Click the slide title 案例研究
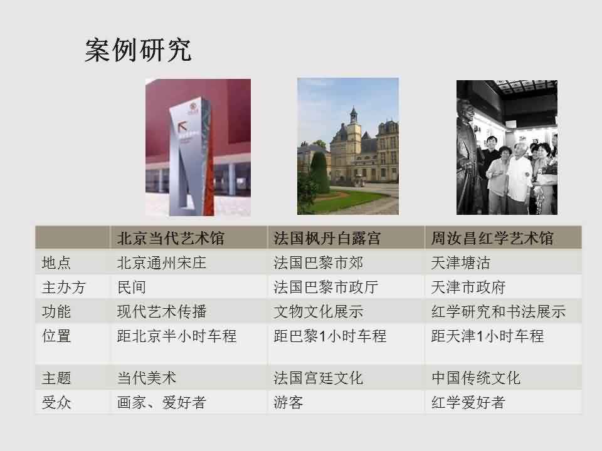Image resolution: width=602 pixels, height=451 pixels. point(138,50)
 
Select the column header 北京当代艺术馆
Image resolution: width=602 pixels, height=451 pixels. point(171,238)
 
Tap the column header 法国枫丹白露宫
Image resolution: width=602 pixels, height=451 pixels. point(327,238)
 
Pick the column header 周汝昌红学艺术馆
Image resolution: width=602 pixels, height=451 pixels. point(492,238)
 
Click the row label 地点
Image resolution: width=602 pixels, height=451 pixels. point(56,262)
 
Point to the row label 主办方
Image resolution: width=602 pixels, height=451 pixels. point(64,288)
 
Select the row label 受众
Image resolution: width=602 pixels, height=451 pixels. point(56,402)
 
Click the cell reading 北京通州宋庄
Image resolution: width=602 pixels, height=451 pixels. point(162,262)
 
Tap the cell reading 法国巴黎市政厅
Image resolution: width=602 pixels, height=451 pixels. point(326,288)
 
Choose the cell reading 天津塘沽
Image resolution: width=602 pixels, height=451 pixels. point(461,262)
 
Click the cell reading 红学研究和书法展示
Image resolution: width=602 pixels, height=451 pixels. point(499,312)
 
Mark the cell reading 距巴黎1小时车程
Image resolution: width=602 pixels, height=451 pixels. point(330,336)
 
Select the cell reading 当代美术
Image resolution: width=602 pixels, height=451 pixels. point(147,378)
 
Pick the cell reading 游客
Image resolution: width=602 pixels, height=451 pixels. point(288,402)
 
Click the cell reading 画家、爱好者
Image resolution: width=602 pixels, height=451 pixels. point(162,402)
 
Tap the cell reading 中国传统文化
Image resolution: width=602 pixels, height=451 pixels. point(476,378)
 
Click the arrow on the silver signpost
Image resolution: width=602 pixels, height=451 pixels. point(182,126)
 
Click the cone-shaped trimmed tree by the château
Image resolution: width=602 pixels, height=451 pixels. point(319,173)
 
